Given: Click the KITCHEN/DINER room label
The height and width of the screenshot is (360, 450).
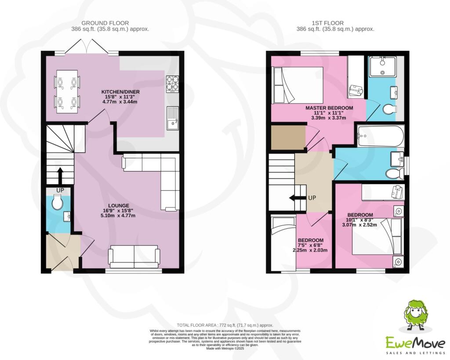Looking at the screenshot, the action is pos(120,92).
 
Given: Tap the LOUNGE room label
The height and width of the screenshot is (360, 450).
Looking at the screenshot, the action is pos(119,206).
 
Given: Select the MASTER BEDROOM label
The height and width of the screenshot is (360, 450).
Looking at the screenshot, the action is pos(329,108).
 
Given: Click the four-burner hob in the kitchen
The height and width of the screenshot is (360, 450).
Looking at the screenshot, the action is pos(172,84).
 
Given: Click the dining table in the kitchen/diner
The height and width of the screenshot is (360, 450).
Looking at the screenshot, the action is pos(67,91).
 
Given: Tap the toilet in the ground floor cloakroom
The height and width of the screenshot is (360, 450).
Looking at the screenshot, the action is pos(58,203).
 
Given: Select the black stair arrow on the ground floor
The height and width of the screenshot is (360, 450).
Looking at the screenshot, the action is pos(60,176).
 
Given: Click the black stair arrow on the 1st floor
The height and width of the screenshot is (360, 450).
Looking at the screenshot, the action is pos(298,198).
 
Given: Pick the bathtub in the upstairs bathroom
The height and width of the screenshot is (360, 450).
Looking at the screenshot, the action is pos(380,136).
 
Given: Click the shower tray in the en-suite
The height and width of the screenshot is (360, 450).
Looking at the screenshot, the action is pos(383,66).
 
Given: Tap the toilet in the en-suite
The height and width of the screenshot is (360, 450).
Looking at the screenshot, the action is pos(390,109).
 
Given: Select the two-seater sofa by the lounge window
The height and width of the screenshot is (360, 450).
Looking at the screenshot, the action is pos(134,257).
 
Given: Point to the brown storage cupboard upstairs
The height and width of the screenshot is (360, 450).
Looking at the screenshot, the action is pos(288,138).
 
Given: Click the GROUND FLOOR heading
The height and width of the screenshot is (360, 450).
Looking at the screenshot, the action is pos(105,23).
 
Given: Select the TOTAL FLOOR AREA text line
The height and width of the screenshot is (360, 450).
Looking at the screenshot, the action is pos(225,325).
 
